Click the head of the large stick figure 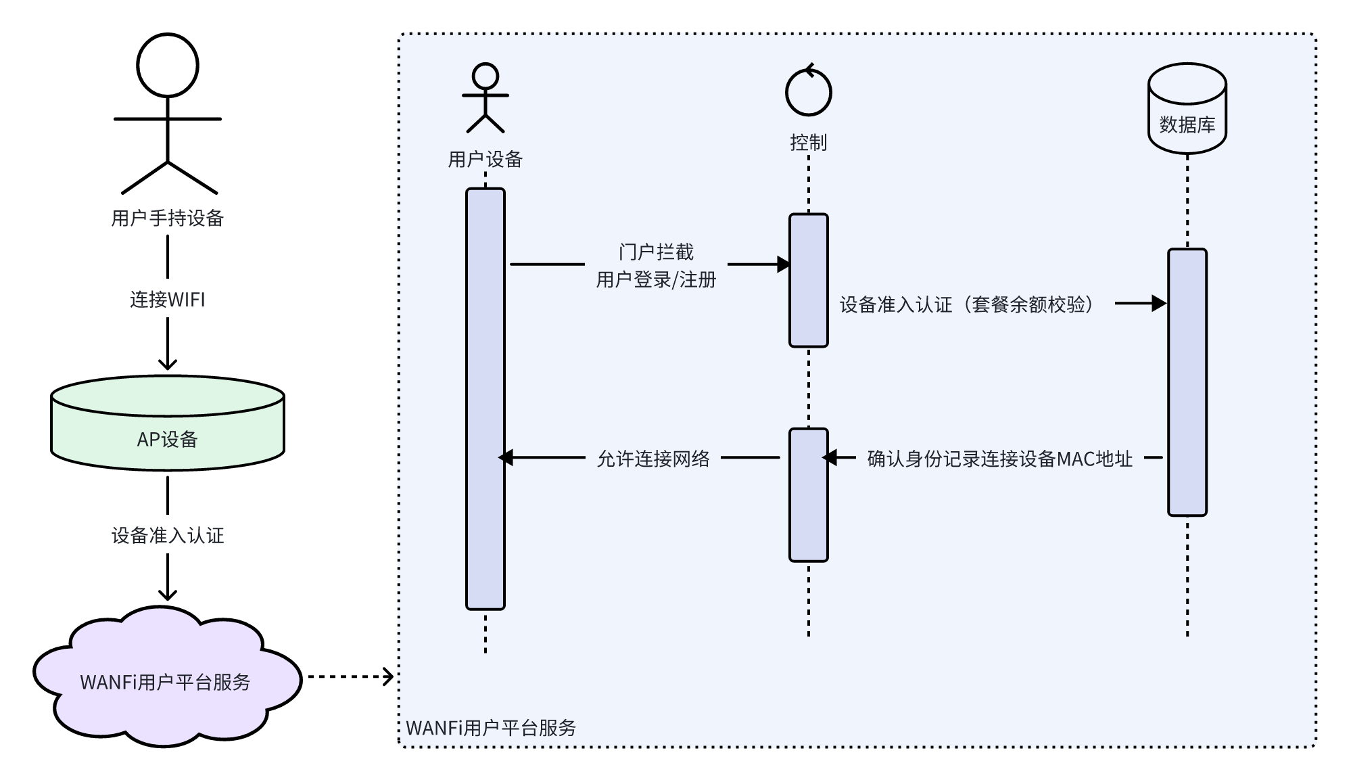point(167,66)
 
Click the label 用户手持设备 point(167,218)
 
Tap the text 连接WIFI point(167,300)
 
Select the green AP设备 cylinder point(167,423)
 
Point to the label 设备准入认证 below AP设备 point(167,536)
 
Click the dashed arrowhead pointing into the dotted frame point(388,676)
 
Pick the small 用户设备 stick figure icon point(485,99)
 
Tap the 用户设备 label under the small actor point(485,160)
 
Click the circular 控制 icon point(808,91)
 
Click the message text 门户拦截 point(656,252)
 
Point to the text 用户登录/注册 point(656,279)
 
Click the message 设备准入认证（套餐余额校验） point(967,304)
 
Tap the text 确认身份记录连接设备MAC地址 point(999,459)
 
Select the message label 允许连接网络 point(653,459)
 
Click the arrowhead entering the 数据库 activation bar point(1160,304)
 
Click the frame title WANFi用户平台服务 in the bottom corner point(491,728)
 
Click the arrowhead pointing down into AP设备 point(167,364)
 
